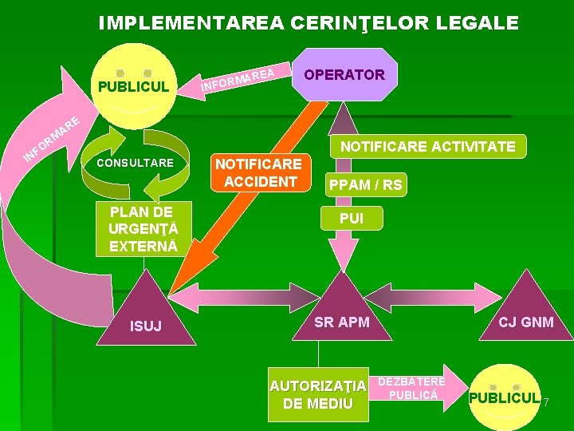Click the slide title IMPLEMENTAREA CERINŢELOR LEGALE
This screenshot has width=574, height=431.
pos(309,22)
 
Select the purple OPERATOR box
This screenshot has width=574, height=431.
pos(345,74)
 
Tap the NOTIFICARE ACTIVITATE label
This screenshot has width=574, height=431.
pos(427,146)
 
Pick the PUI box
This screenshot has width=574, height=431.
pos(352,218)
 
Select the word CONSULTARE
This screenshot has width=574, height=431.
pos(135,163)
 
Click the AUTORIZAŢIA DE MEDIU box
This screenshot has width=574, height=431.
pos(318,394)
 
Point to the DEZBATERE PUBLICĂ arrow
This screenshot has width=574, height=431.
pos(413,388)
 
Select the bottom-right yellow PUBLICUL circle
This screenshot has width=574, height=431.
pos(504,397)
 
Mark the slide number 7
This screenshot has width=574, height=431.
pos(547,402)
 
